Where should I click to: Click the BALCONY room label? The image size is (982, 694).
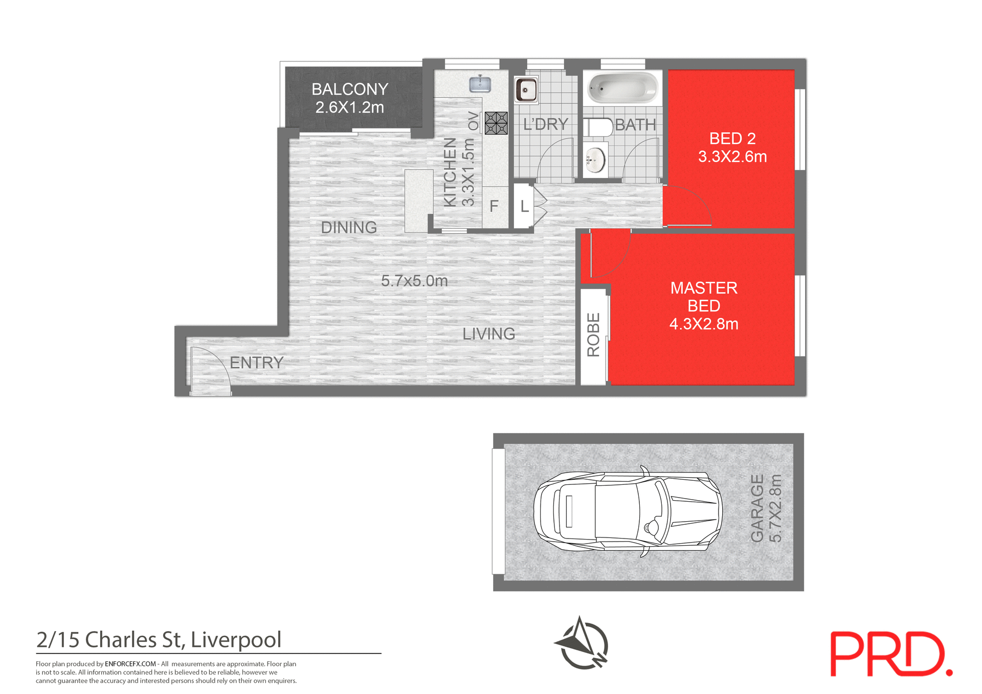coord(350,89)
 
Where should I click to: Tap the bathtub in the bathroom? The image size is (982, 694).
coord(622,88)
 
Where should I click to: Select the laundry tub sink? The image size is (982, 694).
coord(526,90)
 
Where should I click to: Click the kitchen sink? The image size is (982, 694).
coord(480,84)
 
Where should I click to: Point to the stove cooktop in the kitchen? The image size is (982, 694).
coord(496,123)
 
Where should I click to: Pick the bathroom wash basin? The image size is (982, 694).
coord(595,160)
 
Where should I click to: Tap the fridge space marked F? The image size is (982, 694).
coord(494,207)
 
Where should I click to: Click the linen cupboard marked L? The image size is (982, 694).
coord(524,207)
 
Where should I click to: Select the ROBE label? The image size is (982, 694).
coord(593,334)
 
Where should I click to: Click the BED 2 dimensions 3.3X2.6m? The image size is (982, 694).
coord(732,157)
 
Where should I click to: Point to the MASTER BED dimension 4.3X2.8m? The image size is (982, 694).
coord(704,324)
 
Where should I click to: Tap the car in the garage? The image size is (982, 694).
coord(628,511)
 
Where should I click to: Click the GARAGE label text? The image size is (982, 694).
coord(757,508)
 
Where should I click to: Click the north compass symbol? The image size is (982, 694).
coord(581,643)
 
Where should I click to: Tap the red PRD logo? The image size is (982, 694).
coord(890,654)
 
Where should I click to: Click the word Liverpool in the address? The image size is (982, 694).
coord(236,640)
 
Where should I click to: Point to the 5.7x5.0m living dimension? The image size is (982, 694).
coord(414,281)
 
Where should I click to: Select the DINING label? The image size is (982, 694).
coord(349,228)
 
